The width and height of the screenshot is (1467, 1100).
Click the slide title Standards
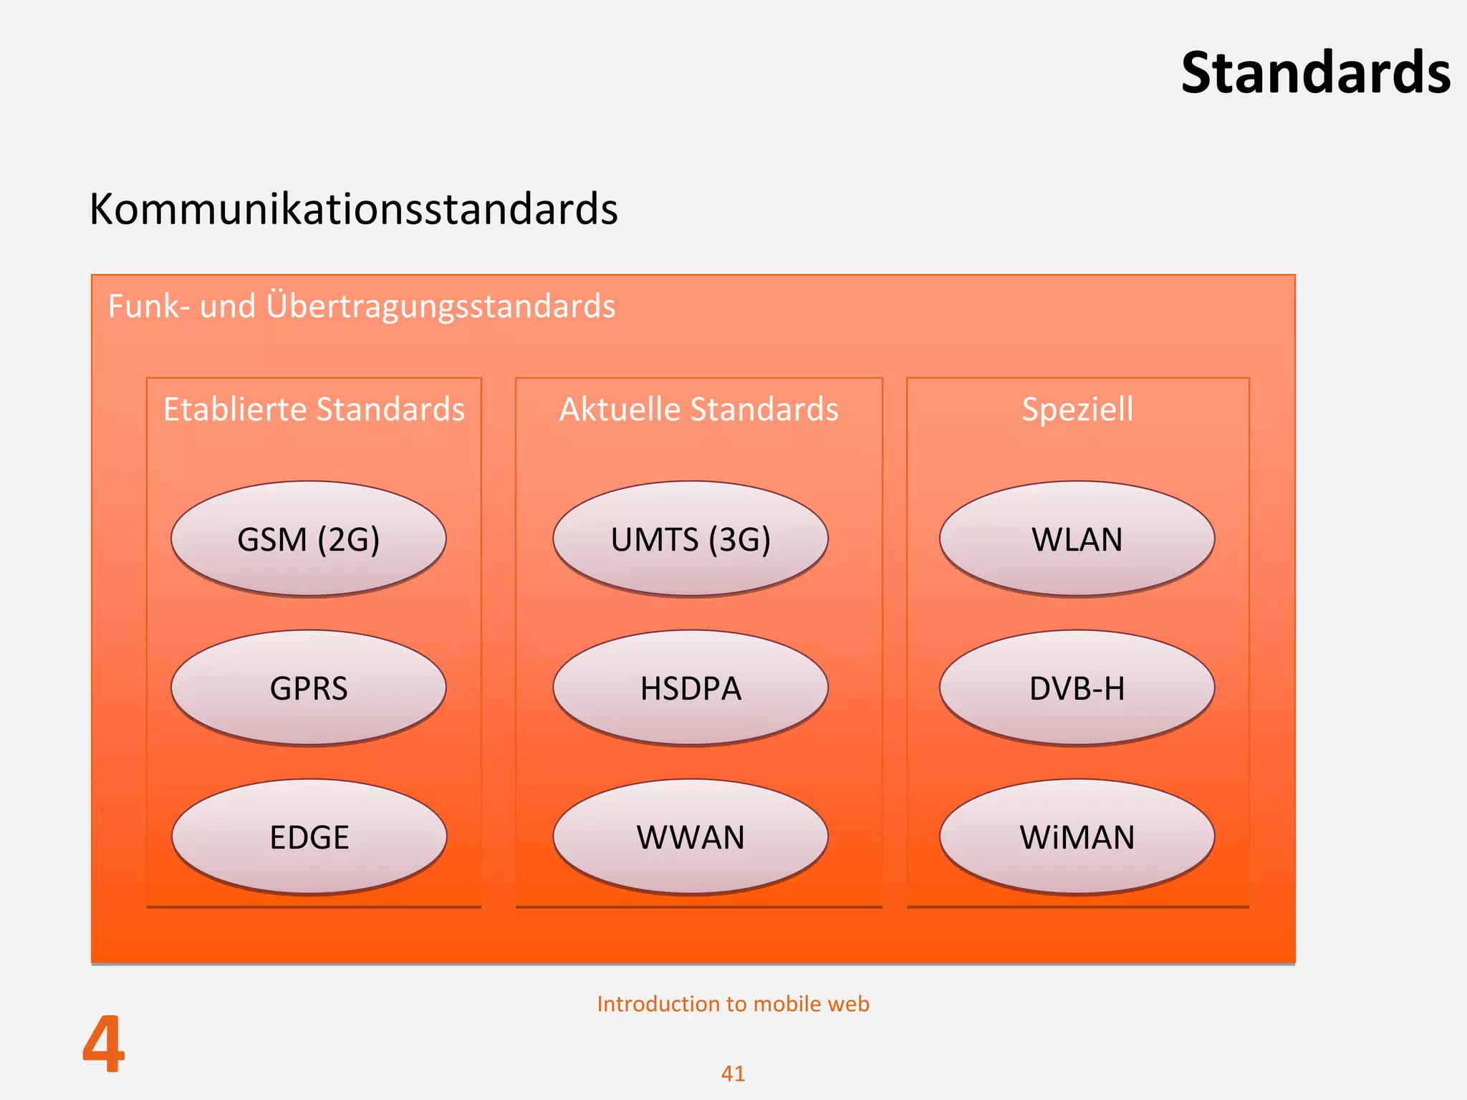[1315, 73]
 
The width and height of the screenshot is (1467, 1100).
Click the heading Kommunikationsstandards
[353, 209]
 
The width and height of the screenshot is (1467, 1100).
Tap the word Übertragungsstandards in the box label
[441, 307]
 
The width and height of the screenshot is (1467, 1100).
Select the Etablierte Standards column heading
[314, 410]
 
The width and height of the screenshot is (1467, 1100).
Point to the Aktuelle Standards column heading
[698, 410]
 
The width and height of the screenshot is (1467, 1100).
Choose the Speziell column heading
[1077, 410]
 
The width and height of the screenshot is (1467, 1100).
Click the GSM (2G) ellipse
[309, 539]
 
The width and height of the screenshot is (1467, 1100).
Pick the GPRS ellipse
[309, 688]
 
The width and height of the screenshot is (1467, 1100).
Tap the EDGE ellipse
[309, 837]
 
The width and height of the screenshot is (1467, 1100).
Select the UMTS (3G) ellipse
[691, 539]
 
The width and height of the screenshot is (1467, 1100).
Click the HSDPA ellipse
[691, 688]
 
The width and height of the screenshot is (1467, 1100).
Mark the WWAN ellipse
[691, 837]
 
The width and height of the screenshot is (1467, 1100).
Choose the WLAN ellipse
[1077, 539]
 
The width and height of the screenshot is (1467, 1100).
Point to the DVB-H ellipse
[1077, 688]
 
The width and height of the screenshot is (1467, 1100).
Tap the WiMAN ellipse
[1077, 837]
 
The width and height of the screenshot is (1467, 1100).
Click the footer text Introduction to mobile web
[733, 1004]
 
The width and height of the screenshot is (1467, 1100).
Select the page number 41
[733, 1074]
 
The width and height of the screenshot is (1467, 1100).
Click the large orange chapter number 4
[104, 1045]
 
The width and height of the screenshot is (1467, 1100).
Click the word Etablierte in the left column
[236, 410]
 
